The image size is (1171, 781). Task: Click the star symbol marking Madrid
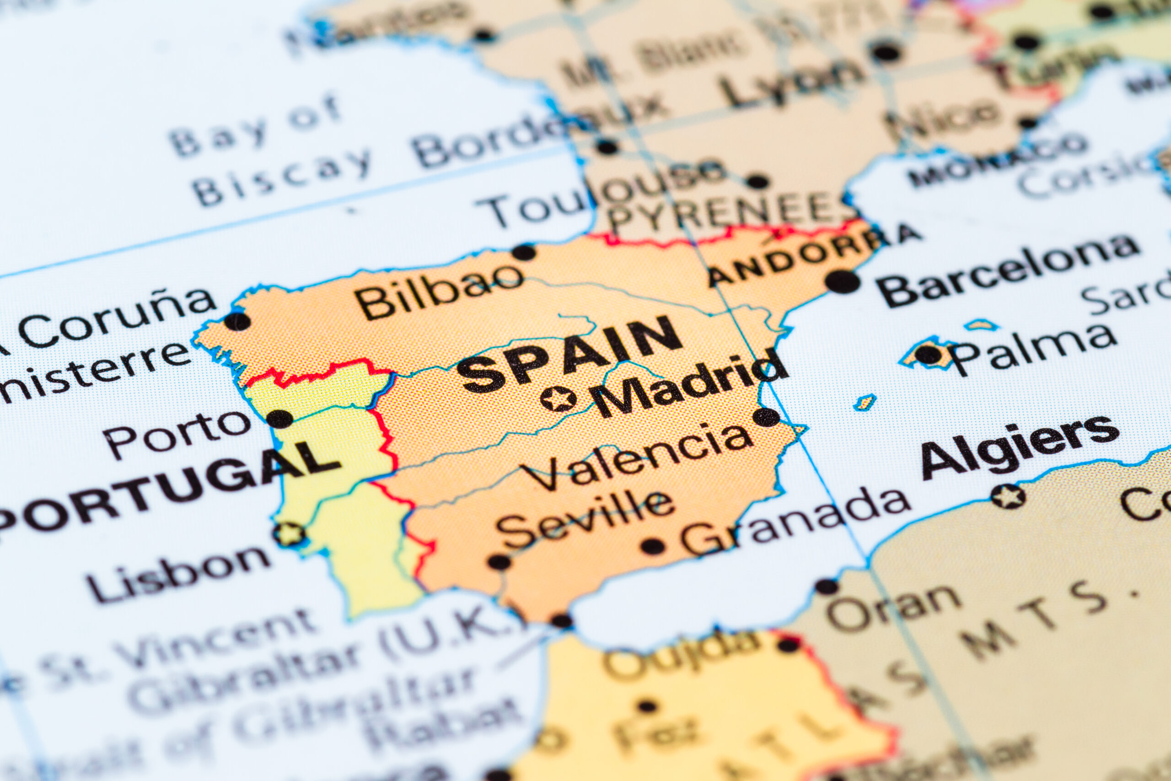(558, 399)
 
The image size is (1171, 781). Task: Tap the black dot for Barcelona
(842, 281)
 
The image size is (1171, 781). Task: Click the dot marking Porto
(280, 418)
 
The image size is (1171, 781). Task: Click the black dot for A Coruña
(237, 321)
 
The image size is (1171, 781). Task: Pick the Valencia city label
(637, 457)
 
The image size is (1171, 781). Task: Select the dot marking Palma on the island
(929, 355)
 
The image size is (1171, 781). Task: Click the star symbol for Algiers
(1008, 496)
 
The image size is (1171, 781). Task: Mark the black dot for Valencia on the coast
(766, 417)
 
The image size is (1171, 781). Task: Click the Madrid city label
(689, 384)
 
